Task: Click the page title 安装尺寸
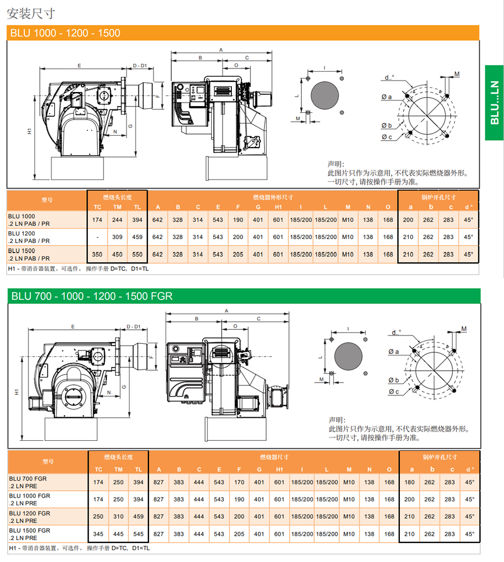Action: point(31,13)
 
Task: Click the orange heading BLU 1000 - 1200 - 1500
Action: point(65,33)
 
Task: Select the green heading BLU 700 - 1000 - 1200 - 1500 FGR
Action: point(92,296)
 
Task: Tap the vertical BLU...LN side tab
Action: point(494,103)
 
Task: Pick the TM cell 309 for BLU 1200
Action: point(118,237)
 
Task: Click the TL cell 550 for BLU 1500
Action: point(137,255)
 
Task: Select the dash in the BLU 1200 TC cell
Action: point(97,237)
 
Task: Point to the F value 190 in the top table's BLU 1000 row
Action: point(238,220)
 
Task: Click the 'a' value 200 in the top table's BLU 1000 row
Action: point(408,220)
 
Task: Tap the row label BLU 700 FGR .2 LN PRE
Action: point(28,482)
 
